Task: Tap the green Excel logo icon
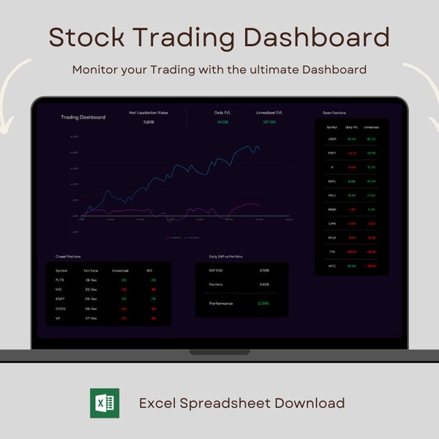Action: coord(105,403)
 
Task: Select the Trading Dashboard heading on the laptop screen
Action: coord(83,117)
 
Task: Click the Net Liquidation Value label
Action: coord(148,113)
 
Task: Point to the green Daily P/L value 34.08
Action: coord(222,122)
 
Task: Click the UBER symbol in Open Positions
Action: coord(332,138)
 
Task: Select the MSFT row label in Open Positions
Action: coord(332,153)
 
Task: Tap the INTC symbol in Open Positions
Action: coord(332,266)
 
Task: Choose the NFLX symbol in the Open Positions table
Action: coord(332,237)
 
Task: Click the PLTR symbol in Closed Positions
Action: coord(60,280)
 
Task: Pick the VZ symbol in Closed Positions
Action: coord(59,318)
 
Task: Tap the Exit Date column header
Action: coord(91,271)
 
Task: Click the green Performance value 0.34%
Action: coord(264,303)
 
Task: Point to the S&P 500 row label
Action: coord(216,271)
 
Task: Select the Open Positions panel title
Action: coord(334,113)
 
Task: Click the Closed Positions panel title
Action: coord(69,257)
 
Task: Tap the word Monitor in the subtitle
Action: coord(96,70)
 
